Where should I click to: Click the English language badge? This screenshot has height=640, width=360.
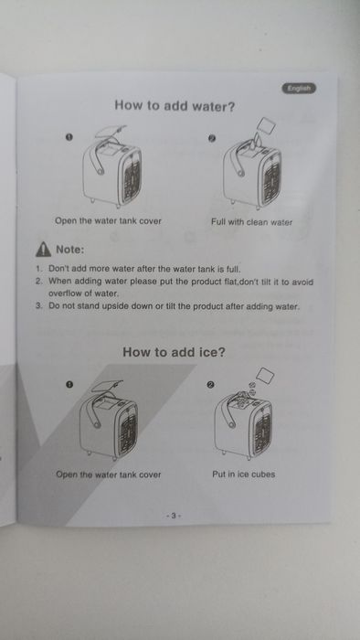click(x=299, y=88)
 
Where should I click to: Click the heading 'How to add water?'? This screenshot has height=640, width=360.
click(x=175, y=106)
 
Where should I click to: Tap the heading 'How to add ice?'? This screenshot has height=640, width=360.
click(x=174, y=352)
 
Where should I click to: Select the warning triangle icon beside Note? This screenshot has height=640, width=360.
click(x=43, y=250)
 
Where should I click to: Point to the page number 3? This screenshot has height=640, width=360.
click(x=174, y=516)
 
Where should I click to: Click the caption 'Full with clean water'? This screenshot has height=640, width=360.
click(x=251, y=222)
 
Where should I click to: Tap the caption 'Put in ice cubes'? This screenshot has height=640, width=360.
click(x=243, y=475)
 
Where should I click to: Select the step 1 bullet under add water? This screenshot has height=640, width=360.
click(x=69, y=137)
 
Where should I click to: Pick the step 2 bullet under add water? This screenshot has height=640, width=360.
click(x=212, y=138)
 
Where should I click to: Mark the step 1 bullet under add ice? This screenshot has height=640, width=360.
click(x=69, y=384)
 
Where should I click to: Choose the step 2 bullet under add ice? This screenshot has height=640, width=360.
click(x=210, y=385)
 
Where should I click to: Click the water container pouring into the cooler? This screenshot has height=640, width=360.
click(x=265, y=127)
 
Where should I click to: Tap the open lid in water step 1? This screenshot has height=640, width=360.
click(x=111, y=132)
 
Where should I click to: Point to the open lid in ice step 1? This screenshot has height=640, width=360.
click(x=107, y=386)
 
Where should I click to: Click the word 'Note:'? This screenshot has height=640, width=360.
click(x=70, y=250)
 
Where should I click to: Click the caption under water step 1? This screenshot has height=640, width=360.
click(x=108, y=221)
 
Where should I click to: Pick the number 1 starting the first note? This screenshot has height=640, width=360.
click(x=38, y=269)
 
